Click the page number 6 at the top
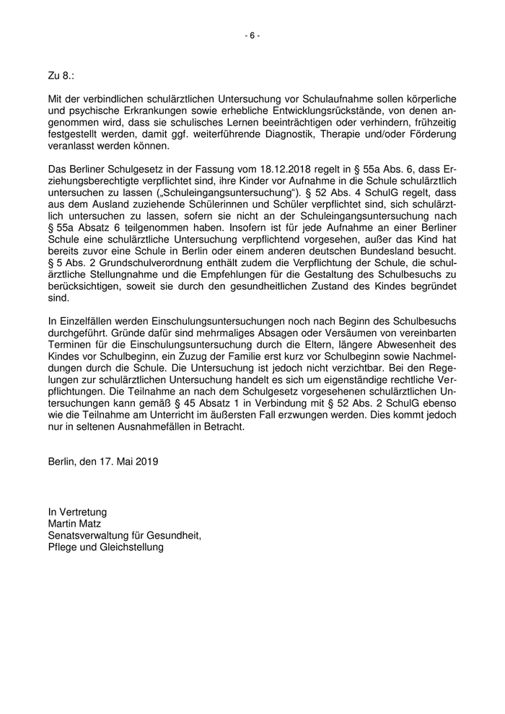[x=252, y=35]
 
